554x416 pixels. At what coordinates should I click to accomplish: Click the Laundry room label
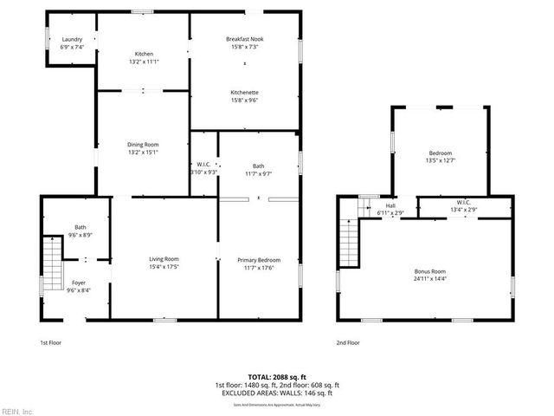pyautogui.click(x=72, y=39)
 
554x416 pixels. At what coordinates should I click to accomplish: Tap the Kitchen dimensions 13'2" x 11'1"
pyautogui.click(x=143, y=62)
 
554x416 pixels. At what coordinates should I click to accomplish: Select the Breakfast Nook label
pyautogui.click(x=244, y=39)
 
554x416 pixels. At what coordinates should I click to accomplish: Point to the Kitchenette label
pyautogui.click(x=244, y=92)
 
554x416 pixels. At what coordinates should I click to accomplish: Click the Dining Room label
pyautogui.click(x=143, y=144)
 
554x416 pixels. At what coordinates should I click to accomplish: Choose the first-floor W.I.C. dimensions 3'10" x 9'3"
pyautogui.click(x=203, y=172)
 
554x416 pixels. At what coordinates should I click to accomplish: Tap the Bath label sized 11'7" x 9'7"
pyautogui.click(x=259, y=165)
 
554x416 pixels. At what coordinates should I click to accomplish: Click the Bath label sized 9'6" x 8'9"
pyautogui.click(x=80, y=227)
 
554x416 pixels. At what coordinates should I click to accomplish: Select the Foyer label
pyautogui.click(x=79, y=283)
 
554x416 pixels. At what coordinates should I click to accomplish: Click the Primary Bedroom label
pyautogui.click(x=259, y=259)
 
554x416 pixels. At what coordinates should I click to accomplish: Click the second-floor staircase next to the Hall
pyautogui.click(x=349, y=238)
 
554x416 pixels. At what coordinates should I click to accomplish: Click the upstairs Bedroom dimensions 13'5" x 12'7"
pyautogui.click(x=440, y=160)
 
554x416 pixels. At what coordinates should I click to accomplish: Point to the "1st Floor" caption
pyautogui.click(x=51, y=342)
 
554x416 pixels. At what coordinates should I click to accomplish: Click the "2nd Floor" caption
pyautogui.click(x=347, y=342)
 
